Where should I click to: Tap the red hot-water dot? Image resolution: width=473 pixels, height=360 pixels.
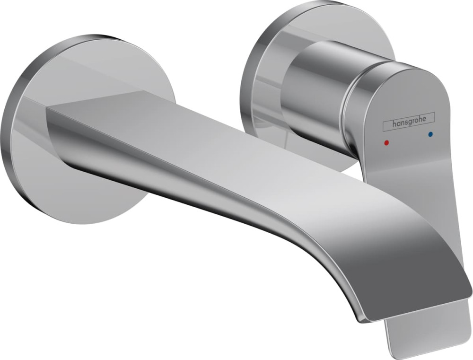(x=387, y=141)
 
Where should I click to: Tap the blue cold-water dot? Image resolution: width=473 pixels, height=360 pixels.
(x=430, y=134)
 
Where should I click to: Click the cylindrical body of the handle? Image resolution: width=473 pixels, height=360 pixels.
(x=312, y=90)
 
